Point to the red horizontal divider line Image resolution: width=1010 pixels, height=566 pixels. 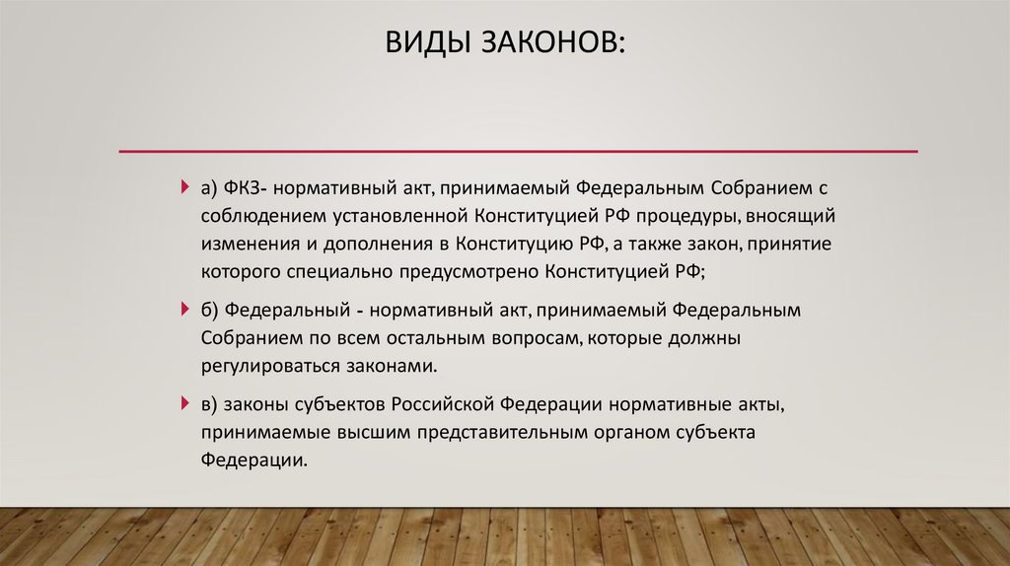click(518, 151)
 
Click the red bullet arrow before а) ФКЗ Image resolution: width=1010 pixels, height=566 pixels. click(185, 187)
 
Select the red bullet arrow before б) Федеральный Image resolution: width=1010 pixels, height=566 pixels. click(185, 310)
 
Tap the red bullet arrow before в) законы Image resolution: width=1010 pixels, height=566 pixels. click(185, 404)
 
